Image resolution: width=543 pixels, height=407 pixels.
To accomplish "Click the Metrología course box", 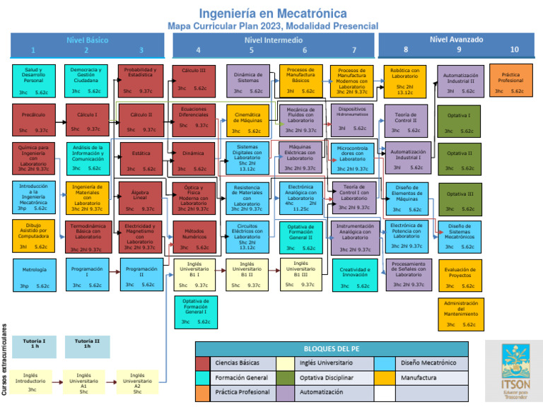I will pos(34,275).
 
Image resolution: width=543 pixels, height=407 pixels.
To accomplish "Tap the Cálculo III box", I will pos(194,80).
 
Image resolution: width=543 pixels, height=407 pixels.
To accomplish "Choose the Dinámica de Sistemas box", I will pos(247,81).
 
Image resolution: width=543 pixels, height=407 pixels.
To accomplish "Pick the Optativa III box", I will pos(460,199).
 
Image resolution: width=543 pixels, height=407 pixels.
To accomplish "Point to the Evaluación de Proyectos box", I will pos(460,276).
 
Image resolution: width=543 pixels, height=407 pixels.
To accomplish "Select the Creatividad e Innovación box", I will pos(355,276).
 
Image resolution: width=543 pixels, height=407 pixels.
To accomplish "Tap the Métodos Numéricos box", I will pos(194,237).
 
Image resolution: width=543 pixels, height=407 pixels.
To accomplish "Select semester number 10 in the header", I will pos(514,50).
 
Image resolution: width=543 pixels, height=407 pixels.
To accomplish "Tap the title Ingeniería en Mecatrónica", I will pos(272,13).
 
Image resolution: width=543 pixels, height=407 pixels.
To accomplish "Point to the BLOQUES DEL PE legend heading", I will pos(332,349).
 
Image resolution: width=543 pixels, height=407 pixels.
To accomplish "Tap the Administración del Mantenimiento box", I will pos(460,314).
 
